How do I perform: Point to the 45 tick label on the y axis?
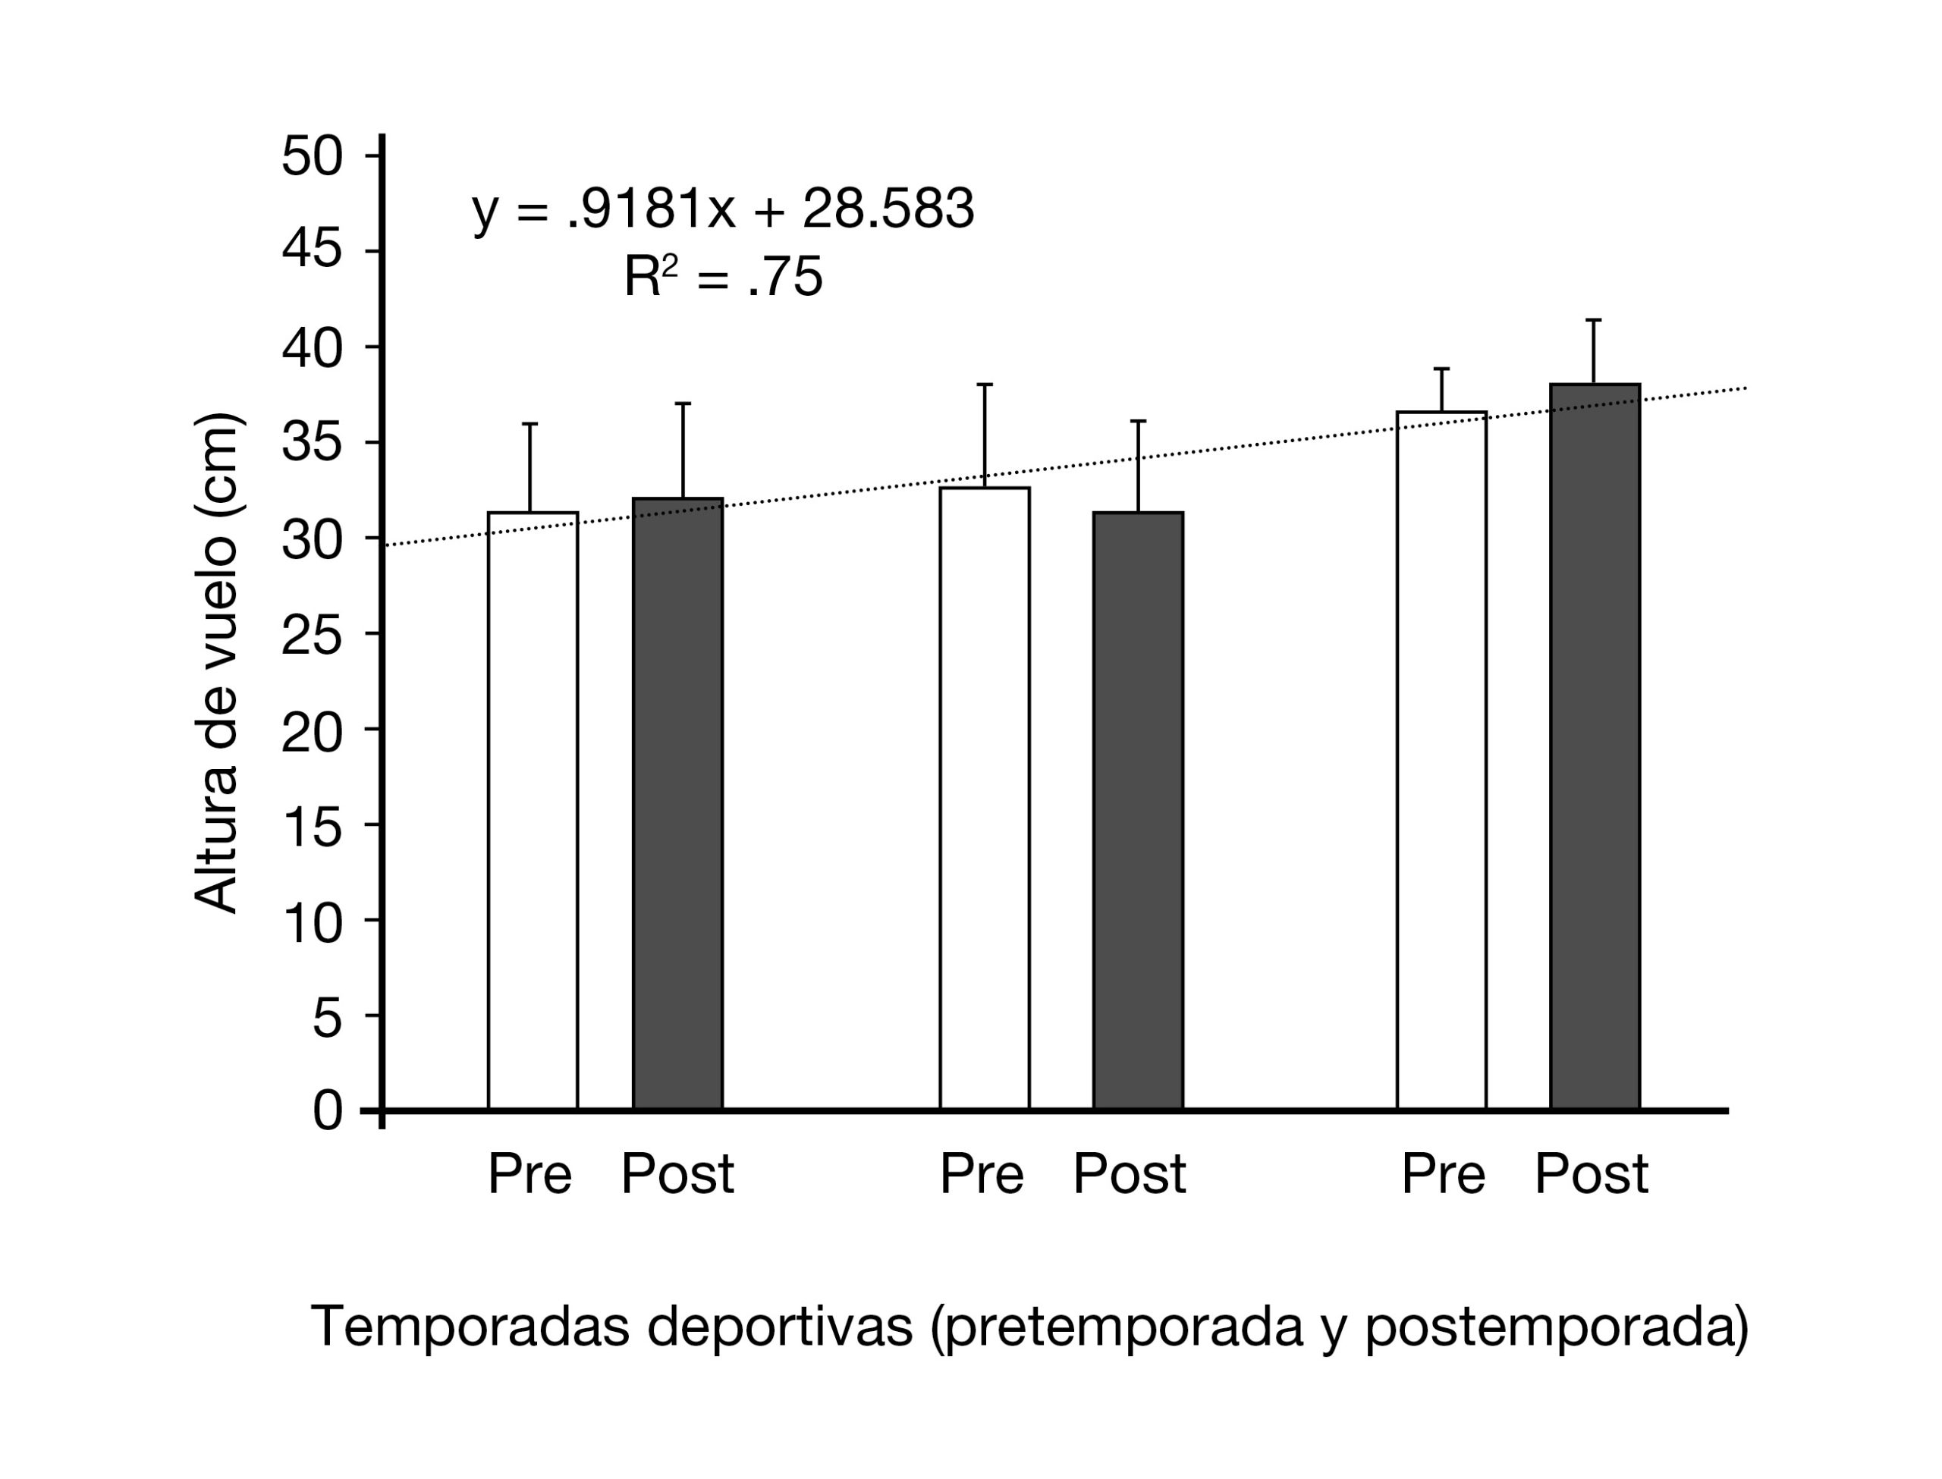coord(312,252)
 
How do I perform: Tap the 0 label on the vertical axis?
coord(328,1111)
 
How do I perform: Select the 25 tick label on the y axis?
coord(312,634)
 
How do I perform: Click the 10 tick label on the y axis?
coord(312,921)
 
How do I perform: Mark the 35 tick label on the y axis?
coord(312,443)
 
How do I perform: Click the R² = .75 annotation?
coord(723,276)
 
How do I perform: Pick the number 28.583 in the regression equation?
coord(888,209)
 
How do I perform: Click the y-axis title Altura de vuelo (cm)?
coord(215,663)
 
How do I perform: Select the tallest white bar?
coord(1441,761)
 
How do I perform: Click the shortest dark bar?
coord(1138,810)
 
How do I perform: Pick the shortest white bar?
coord(533,810)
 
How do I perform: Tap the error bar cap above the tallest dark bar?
coord(1593,319)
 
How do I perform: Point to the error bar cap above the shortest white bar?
coord(530,424)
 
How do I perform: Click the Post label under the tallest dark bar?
coord(1591,1174)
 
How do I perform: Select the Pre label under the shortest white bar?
coord(530,1174)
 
